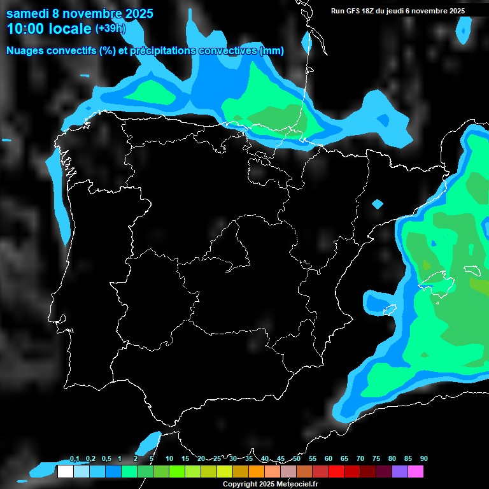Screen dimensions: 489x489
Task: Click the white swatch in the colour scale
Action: [x=65, y=472]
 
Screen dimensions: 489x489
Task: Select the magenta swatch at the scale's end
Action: [x=416, y=472]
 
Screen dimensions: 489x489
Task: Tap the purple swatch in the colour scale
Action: [x=400, y=472]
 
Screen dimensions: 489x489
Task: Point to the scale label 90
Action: [x=423, y=459]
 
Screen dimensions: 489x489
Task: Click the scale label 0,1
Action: [x=74, y=459]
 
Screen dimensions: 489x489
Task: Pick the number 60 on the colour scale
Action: [x=329, y=459]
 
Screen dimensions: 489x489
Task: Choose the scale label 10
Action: [x=169, y=459]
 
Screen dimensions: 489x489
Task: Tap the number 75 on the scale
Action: [x=376, y=459]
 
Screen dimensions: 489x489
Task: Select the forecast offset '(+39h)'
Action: [x=111, y=29]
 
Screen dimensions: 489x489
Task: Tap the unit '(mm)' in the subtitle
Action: [x=272, y=51]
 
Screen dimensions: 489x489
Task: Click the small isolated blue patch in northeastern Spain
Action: [x=378, y=204]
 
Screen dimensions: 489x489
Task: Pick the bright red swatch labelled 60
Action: [x=336, y=472]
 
